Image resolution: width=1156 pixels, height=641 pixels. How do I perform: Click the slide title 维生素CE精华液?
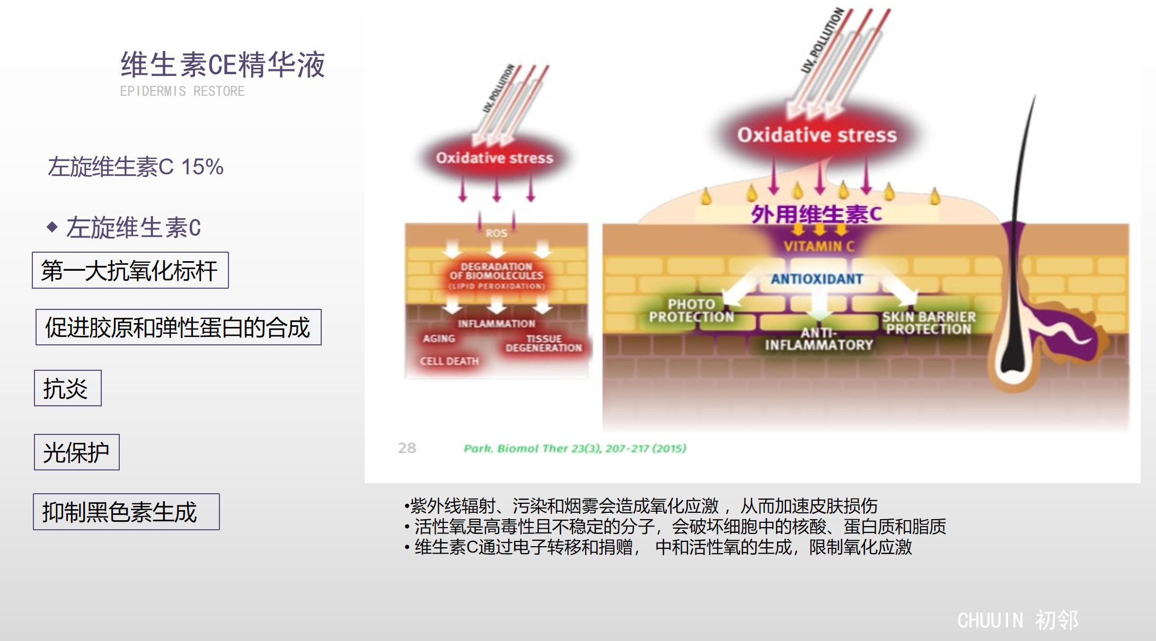point(223,65)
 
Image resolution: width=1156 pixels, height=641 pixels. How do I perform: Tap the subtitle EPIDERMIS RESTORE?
point(182,91)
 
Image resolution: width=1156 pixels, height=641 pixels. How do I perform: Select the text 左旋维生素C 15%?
point(136,167)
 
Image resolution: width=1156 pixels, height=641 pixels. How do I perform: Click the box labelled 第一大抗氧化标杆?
point(130,270)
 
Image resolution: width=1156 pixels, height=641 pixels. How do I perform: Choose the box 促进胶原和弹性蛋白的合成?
point(178,327)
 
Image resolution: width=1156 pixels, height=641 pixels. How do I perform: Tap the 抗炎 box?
point(67,388)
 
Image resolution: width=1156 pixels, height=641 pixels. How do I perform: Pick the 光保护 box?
point(76,452)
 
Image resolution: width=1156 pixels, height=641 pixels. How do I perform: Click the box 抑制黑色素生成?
point(126,512)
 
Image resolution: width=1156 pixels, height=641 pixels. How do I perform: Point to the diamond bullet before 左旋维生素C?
point(52,227)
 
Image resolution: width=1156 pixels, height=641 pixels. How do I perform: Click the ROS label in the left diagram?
point(496,233)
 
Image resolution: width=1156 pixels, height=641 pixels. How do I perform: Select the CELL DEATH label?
point(449,361)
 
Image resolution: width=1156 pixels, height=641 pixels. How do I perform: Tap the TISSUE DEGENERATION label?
point(543,343)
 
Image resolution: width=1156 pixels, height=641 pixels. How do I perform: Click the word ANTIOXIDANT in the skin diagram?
point(817,279)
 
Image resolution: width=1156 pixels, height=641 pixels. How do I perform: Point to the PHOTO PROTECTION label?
point(691,310)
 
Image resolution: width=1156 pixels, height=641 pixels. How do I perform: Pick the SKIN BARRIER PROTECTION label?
point(929,323)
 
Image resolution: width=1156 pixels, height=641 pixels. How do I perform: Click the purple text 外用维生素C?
point(816,215)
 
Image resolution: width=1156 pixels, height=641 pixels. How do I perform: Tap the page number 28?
point(407,448)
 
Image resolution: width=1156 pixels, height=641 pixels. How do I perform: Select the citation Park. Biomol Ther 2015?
point(575,449)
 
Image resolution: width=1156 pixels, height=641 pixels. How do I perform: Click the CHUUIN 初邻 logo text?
point(1018,620)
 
